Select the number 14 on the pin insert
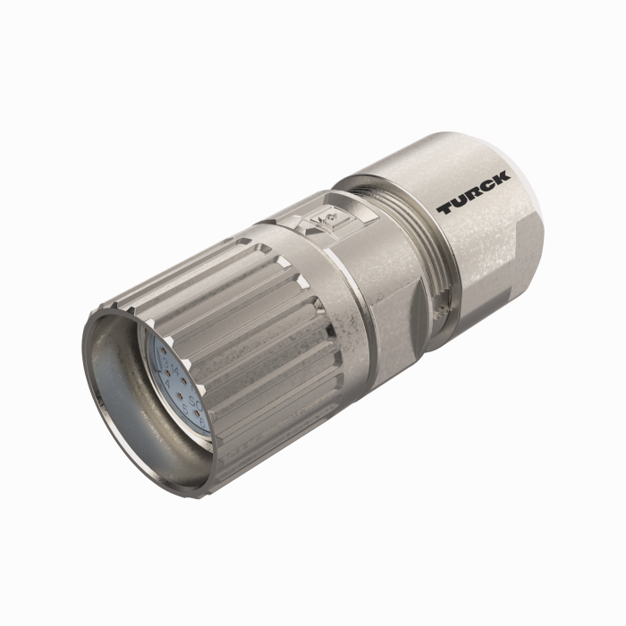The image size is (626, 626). (x=175, y=370)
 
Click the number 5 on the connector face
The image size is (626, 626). (x=185, y=409)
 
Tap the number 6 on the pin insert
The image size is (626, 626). (x=202, y=422)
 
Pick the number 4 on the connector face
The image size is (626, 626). (x=167, y=384)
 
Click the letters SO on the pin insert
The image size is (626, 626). (x=195, y=402)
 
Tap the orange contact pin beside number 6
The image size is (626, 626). (x=198, y=413)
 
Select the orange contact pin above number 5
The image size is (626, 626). (x=181, y=396)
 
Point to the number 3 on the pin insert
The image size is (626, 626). (x=165, y=363)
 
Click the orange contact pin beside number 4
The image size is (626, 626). (x=168, y=373)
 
